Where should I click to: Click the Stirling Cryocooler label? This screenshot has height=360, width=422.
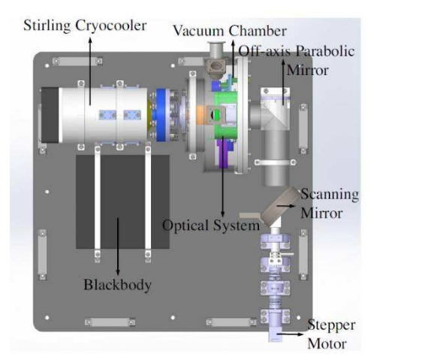[x=85, y=26]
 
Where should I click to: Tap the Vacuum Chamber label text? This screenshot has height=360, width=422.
[x=230, y=31]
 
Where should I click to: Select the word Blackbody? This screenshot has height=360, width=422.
[x=117, y=285]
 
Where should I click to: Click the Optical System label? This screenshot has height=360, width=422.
[x=211, y=225]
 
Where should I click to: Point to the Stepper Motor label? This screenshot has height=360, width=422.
[x=331, y=334]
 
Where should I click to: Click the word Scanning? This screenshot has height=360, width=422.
[x=330, y=194]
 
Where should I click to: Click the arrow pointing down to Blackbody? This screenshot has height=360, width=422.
[x=118, y=247]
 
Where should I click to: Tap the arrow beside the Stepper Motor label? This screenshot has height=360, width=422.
[x=290, y=334]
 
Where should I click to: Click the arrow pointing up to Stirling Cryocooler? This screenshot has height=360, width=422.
[x=90, y=71]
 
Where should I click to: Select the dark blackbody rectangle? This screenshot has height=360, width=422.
[x=122, y=201]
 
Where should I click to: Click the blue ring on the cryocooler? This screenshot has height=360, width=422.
[x=161, y=114]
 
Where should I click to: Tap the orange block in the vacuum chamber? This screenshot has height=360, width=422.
[x=201, y=115]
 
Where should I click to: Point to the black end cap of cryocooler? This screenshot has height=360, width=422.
[x=50, y=115]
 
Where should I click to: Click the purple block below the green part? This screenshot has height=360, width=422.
[x=225, y=153]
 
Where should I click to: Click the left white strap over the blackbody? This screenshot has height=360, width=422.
[x=98, y=200]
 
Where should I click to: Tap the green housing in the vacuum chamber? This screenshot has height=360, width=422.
[x=225, y=116]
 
